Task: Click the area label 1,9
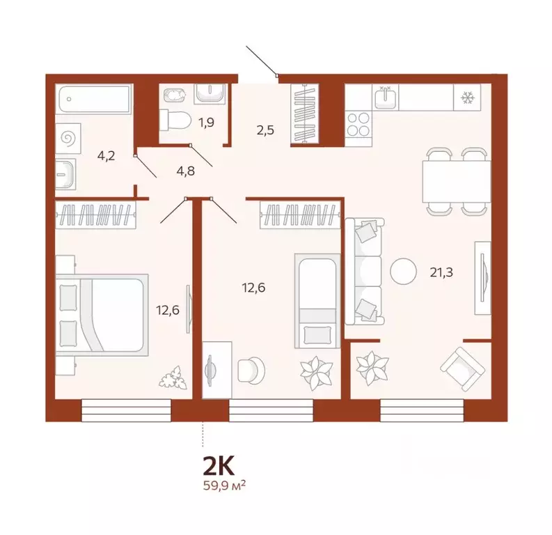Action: pos(207,123)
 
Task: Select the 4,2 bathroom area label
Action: pos(106,155)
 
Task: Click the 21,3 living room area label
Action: pos(441,272)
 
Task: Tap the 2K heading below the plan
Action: pos(219,465)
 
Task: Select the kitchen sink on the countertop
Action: pos(385,98)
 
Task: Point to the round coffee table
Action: pos(403,271)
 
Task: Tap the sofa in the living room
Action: pos(365,271)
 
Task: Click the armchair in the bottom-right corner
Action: pos(460,367)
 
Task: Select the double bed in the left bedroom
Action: pos(102,314)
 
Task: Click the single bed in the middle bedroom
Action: pos(317,300)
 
